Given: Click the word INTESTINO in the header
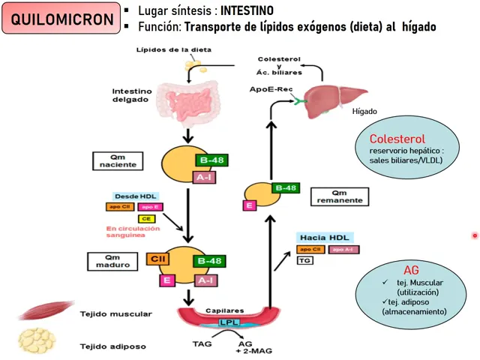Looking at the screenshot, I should coord(247,11).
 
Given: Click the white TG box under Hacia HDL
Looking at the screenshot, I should coord(304,261).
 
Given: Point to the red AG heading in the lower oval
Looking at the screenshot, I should coord(411,269).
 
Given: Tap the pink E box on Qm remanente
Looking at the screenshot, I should coord(247,205).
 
